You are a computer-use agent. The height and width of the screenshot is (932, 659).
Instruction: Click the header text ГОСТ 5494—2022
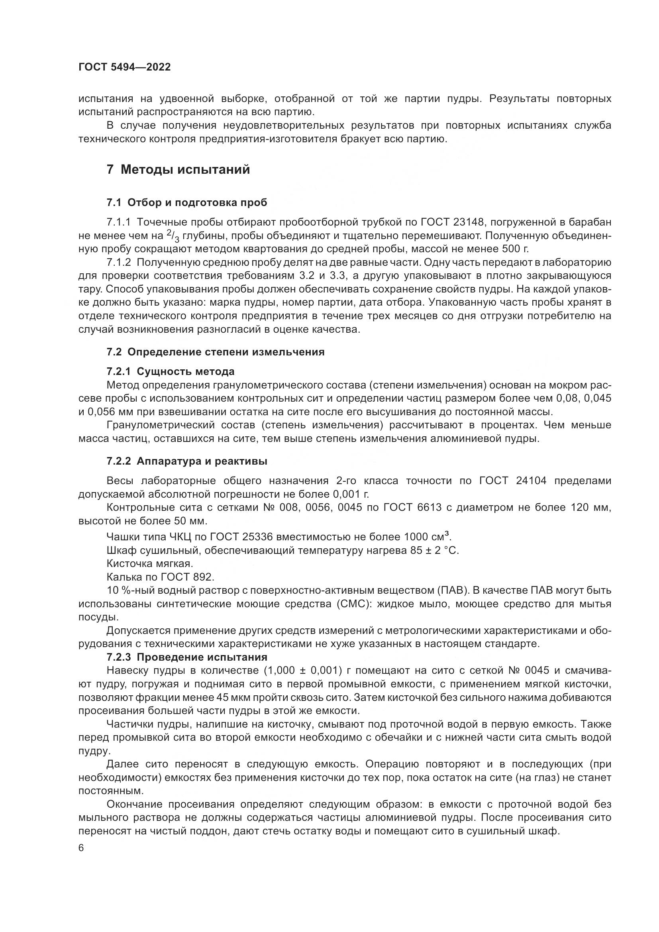click(x=125, y=67)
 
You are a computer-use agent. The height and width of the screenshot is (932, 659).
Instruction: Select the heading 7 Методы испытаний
click(x=178, y=170)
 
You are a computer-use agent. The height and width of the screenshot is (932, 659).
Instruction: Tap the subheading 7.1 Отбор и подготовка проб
click(x=186, y=202)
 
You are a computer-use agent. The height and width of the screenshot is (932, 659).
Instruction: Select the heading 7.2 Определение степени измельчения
click(x=216, y=352)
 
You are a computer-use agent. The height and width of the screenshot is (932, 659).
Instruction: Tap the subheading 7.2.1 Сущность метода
click(x=171, y=371)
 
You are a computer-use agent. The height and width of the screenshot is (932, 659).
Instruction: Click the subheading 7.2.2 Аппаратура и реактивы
click(x=186, y=461)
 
